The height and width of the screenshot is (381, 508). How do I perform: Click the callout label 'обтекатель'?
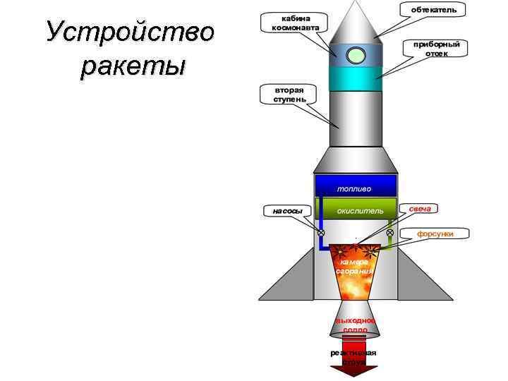click(x=433, y=8)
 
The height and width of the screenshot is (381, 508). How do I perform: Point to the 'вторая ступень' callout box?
click(x=290, y=95)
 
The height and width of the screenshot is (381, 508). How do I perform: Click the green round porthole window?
click(x=356, y=54)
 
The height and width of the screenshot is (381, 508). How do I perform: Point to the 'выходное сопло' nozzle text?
click(x=355, y=325)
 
